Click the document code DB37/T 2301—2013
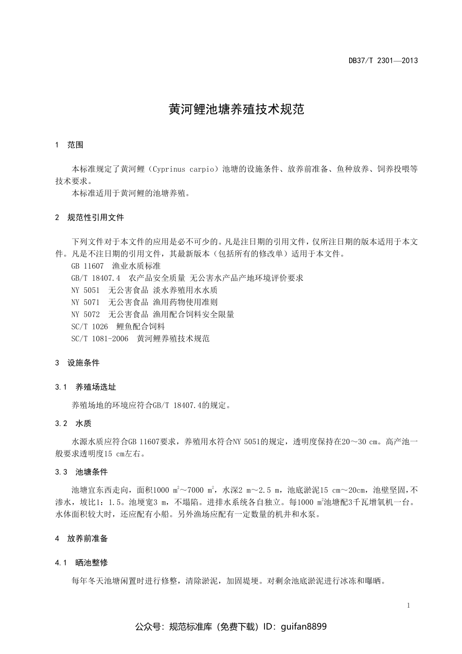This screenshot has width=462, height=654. (383, 61)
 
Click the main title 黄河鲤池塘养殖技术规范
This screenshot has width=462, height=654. (236, 109)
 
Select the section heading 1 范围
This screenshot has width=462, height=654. (69, 145)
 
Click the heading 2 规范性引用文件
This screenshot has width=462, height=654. (89, 218)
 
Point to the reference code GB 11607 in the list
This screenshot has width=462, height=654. (88, 266)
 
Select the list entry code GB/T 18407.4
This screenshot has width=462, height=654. (95, 278)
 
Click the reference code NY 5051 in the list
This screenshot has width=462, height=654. (85, 290)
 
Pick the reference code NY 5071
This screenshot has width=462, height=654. (85, 302)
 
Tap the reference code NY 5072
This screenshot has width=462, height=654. (85, 314)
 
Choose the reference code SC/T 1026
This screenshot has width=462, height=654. (89, 327)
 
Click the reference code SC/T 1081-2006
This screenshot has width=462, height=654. (100, 339)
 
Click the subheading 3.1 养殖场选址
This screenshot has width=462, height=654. (86, 387)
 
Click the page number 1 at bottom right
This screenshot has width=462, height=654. (409, 605)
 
